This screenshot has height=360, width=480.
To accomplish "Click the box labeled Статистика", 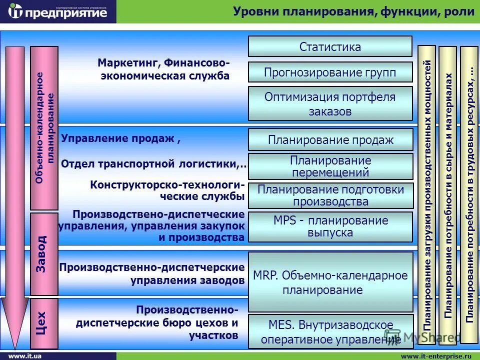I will [x=330, y=46].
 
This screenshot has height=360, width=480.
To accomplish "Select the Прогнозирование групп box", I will [x=330, y=72].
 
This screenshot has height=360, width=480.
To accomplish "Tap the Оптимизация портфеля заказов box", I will [x=330, y=103].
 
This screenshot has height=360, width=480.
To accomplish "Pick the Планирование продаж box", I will [x=330, y=139].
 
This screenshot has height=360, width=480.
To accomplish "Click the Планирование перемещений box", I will [x=330, y=166].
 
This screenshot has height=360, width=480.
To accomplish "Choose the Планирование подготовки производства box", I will [x=330, y=195].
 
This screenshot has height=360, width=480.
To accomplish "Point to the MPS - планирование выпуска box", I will [x=330, y=226].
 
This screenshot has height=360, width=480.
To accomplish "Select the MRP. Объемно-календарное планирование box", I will [x=330, y=282].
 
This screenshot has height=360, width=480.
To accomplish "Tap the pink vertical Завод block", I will [x=44, y=254].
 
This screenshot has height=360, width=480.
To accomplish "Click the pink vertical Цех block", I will [x=44, y=323].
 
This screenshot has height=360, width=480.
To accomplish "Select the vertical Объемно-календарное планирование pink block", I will [x=44, y=128].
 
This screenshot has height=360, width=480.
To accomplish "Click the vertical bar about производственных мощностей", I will [x=426, y=195].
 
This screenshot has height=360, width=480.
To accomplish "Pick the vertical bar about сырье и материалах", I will [x=447, y=195].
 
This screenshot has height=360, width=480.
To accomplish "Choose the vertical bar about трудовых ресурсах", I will [x=469, y=195].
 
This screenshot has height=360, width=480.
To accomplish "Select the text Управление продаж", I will [x=118, y=139].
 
